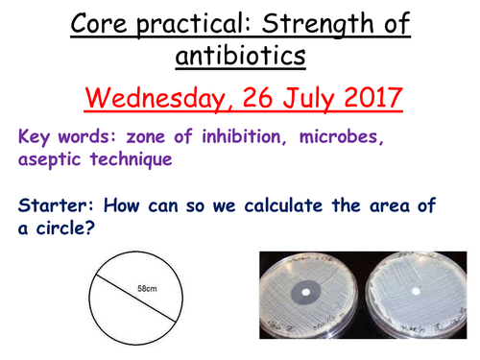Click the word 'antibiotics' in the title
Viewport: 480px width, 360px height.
[240, 58]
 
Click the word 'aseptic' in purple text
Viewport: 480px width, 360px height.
[49, 163]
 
